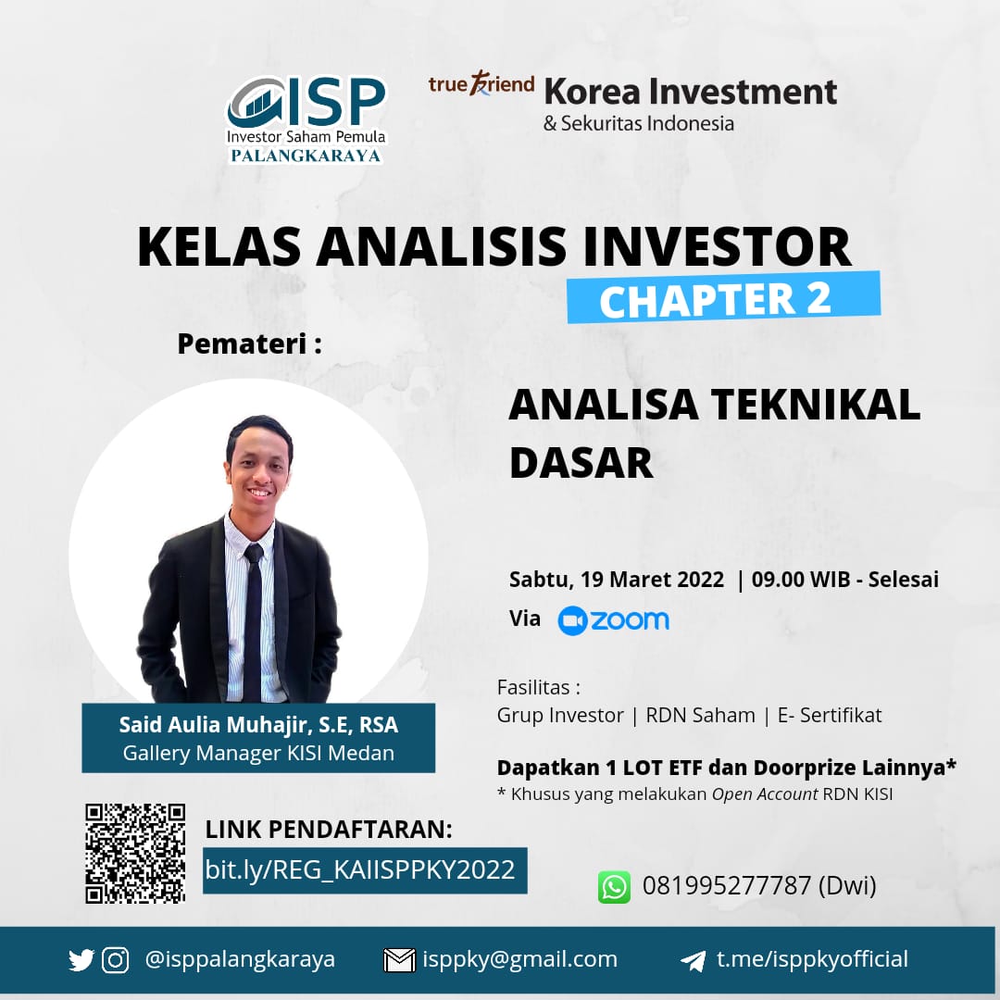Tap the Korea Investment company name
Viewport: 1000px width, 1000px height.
pyautogui.click(x=691, y=92)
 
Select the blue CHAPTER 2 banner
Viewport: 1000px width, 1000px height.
pyautogui.click(x=723, y=298)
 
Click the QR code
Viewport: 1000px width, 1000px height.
pyautogui.click(x=135, y=853)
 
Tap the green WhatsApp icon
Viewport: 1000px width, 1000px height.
pyautogui.click(x=614, y=886)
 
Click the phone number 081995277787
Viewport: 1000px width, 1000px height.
pyautogui.click(x=726, y=886)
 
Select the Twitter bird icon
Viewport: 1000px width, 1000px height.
pyautogui.click(x=81, y=960)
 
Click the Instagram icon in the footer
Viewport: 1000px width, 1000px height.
pyautogui.click(x=115, y=960)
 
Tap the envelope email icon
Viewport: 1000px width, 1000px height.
pyautogui.click(x=399, y=960)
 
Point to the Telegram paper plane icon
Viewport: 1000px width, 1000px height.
pyautogui.click(x=693, y=960)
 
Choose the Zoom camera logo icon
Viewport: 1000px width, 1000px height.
pyautogui.click(x=572, y=620)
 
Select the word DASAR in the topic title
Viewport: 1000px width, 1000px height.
pyautogui.click(x=581, y=463)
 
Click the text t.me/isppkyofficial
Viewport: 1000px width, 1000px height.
pyautogui.click(x=812, y=959)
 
